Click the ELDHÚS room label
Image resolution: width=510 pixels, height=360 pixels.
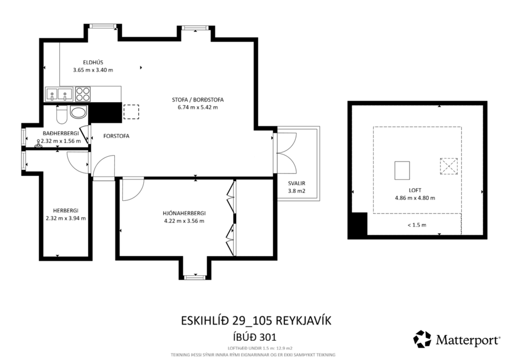coord(93,62)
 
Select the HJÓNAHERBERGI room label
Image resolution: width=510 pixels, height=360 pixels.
coord(184,213)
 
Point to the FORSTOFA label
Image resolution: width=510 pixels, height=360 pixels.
coord(116,136)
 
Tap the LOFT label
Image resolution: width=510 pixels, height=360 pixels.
coord(414,190)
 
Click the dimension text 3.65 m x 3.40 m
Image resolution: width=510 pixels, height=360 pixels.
coord(93,70)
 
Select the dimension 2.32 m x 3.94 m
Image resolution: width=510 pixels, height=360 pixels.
coord(66,218)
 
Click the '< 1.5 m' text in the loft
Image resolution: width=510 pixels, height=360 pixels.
coord(416,225)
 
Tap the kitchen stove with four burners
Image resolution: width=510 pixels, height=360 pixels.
coord(83,93)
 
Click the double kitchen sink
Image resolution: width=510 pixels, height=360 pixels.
coord(58,93)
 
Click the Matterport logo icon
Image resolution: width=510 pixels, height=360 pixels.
coord(422,339)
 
